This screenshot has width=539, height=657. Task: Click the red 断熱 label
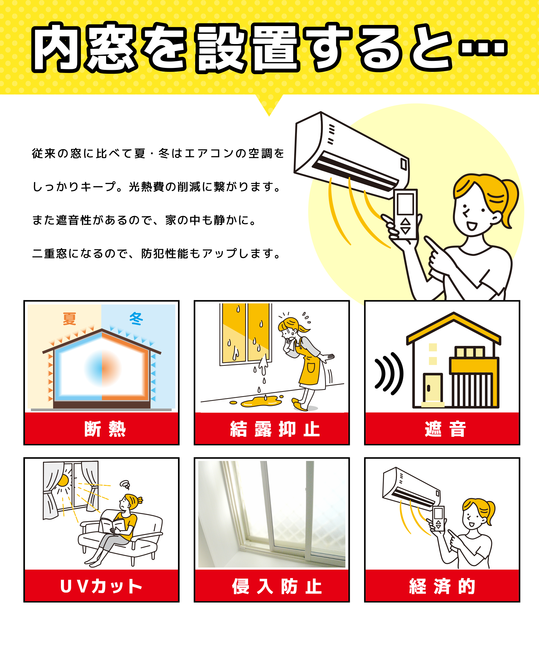pyautogui.click(x=102, y=429)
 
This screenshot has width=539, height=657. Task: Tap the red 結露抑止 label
pyautogui.click(x=272, y=429)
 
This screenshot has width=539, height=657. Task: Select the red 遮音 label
pyautogui.click(x=442, y=429)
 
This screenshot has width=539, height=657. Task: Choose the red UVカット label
pyautogui.click(x=102, y=586)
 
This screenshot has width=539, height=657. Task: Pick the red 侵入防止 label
pyautogui.click(x=272, y=586)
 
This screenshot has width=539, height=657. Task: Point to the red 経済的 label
pyautogui.click(x=442, y=586)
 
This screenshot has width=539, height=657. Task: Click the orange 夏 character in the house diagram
pyautogui.click(x=69, y=319)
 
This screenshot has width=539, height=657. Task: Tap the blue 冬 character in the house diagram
pyautogui.click(x=136, y=319)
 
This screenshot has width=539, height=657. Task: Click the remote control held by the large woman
pyautogui.click(x=405, y=214)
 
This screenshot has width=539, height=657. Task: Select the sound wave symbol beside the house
pyautogui.click(x=389, y=374)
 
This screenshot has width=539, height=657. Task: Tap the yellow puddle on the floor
pyautogui.click(x=261, y=402)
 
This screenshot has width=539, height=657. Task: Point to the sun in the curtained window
pyautogui.click(x=63, y=481)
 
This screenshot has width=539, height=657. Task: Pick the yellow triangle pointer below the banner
pyautogui.click(x=269, y=104)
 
